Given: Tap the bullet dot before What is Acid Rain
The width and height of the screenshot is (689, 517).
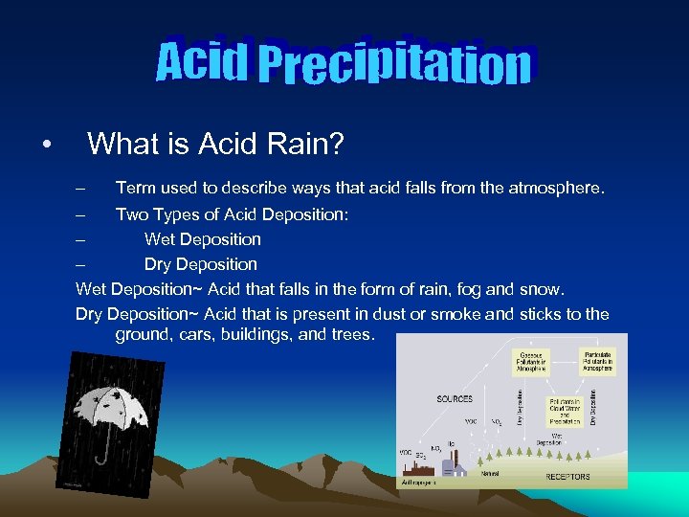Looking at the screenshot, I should point(46,146).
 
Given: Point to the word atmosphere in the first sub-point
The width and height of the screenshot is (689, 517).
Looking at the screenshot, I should point(555,189).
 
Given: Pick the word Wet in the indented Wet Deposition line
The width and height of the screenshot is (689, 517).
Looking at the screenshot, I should point(161,239).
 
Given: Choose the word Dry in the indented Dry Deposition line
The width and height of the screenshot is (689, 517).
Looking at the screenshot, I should point(160,264).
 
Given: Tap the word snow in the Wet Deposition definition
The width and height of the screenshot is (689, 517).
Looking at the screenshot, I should point(543,289).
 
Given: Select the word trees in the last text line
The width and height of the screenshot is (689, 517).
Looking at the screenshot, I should point(350,335).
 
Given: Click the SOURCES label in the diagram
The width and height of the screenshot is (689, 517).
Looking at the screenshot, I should point(456,397).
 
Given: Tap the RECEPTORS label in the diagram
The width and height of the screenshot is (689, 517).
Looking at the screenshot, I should point(568,476).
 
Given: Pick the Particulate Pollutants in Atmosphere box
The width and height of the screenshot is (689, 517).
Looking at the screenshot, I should point(598,358).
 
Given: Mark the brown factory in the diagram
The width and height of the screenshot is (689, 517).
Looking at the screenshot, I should point(425,466).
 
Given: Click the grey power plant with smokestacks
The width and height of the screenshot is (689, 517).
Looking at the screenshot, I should point(451,466).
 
